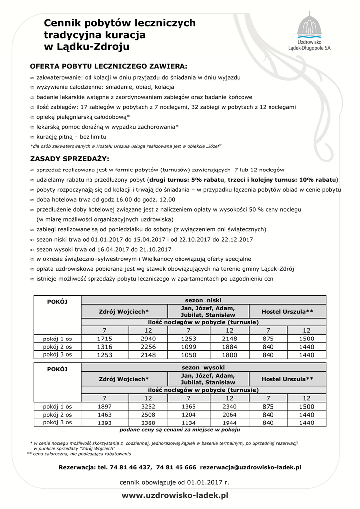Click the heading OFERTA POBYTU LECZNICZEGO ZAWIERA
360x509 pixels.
(x=109, y=66)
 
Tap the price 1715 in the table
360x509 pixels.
(x=104, y=339)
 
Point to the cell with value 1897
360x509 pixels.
(x=104, y=406)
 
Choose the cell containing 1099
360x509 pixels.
(x=188, y=346)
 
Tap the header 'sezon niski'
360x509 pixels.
(x=203, y=300)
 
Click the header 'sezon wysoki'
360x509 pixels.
(x=203, y=367)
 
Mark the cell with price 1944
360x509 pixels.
(x=230, y=423)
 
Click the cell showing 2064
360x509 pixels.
(x=230, y=414)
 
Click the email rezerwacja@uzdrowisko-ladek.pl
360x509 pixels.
(x=251, y=467)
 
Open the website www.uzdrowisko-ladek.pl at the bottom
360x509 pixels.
(x=175, y=495)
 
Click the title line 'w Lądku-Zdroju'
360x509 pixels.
(x=87, y=47)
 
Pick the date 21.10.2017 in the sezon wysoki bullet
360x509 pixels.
(x=154, y=249)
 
